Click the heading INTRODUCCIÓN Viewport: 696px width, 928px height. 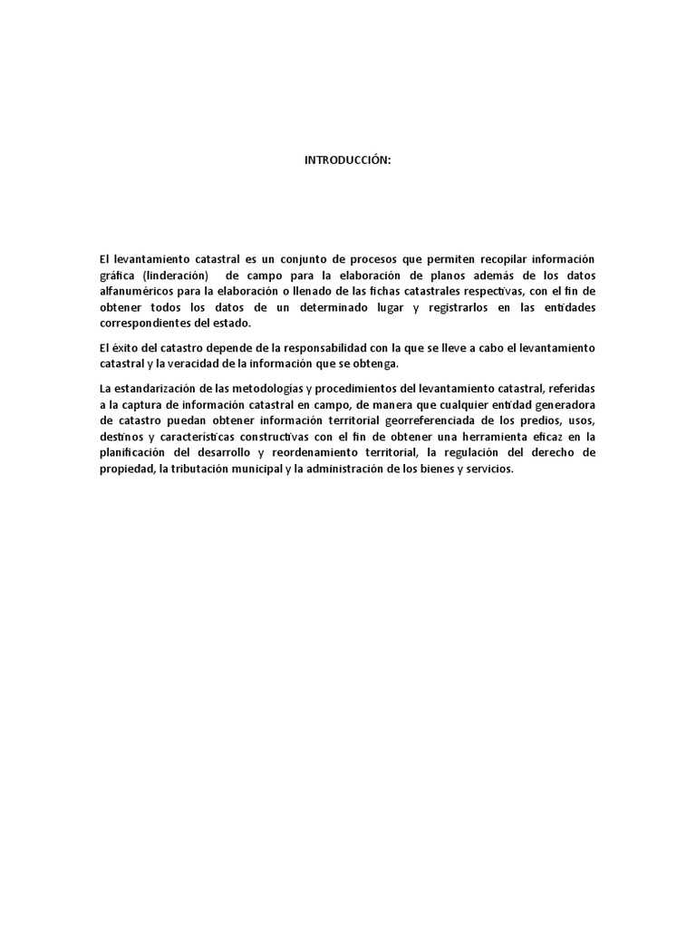[347, 160]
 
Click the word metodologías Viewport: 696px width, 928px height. [269, 389]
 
